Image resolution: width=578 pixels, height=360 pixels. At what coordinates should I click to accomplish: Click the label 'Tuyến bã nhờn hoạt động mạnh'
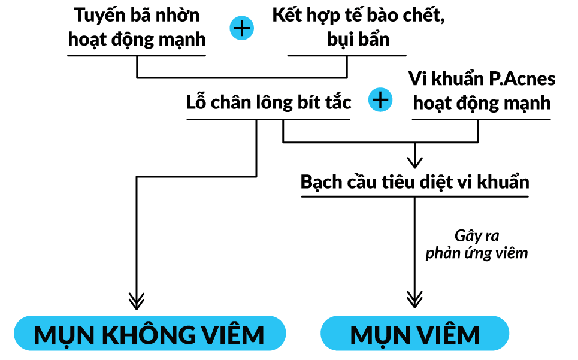pos(137,28)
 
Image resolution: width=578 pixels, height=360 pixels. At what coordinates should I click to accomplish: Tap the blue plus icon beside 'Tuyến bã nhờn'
pos(241,28)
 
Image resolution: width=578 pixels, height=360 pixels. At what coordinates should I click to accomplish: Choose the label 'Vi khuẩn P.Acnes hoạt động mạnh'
pos(482,90)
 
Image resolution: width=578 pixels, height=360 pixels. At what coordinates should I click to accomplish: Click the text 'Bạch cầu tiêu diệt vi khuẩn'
pos(414,181)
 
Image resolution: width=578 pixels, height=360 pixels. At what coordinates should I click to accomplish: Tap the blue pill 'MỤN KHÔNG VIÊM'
pos(149,334)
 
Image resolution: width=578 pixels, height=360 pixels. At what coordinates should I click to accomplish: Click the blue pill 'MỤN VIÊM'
pos(414,334)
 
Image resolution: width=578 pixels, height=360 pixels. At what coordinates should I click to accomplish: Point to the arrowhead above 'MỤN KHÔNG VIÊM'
pos(137,300)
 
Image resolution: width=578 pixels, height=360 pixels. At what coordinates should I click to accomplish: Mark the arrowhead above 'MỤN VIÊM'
pos(414,300)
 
